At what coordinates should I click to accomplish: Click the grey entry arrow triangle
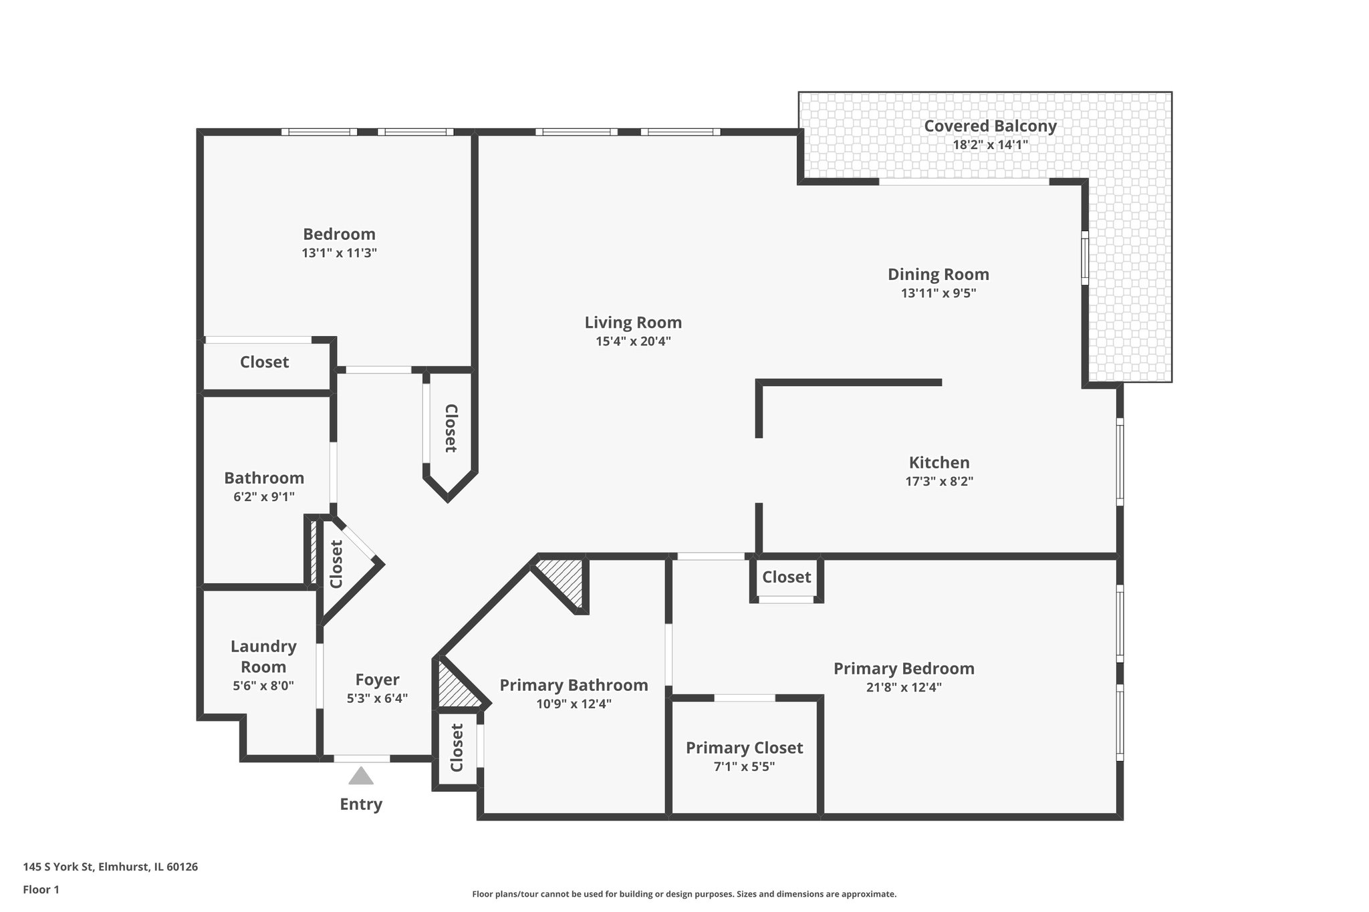click(361, 777)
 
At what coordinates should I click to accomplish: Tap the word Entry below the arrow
click(361, 804)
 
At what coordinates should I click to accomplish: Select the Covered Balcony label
click(990, 126)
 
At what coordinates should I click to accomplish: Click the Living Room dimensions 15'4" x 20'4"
click(633, 341)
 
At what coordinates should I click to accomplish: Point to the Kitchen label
click(939, 462)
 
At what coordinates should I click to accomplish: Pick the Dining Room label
click(938, 274)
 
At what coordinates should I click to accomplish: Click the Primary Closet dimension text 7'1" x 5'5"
click(744, 767)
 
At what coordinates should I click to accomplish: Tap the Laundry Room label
click(263, 656)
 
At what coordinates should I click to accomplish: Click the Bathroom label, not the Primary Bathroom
click(264, 478)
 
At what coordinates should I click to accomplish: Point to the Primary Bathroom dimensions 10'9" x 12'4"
click(574, 704)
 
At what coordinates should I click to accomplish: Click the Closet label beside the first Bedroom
click(264, 362)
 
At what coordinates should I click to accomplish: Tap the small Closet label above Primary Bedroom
click(786, 577)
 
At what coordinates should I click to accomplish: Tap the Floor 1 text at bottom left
click(41, 889)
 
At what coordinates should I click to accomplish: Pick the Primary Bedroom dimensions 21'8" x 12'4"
click(903, 687)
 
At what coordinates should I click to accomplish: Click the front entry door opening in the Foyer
click(362, 759)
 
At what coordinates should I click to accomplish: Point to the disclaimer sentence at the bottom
click(684, 894)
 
